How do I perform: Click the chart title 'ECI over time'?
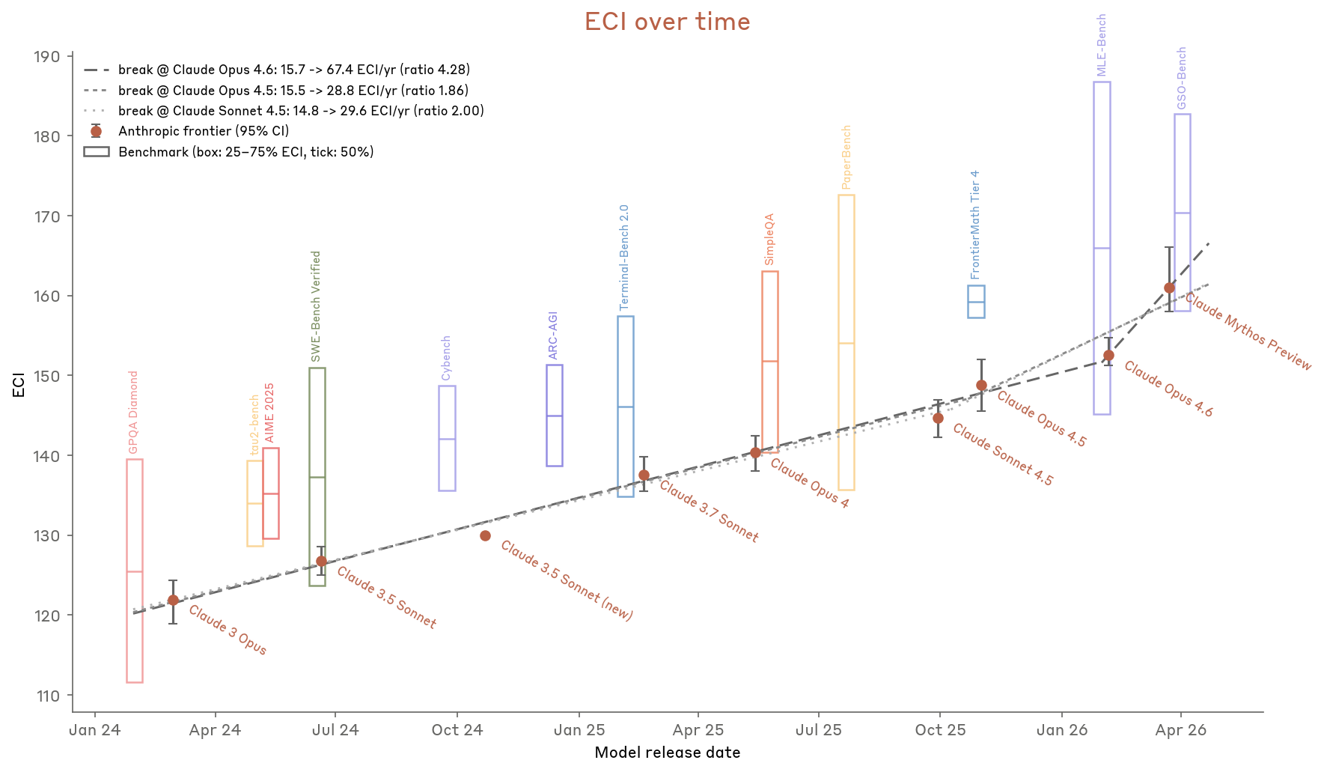click(667, 22)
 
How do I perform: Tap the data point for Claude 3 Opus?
click(173, 600)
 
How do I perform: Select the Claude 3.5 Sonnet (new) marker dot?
click(485, 535)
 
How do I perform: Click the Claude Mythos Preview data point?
click(1169, 288)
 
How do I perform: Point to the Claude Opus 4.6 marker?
click(1108, 355)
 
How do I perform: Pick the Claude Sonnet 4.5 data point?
click(938, 418)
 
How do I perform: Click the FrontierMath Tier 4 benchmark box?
click(976, 301)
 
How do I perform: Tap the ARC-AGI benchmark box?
click(555, 415)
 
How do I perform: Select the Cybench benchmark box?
click(447, 438)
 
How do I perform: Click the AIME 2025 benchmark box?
click(271, 493)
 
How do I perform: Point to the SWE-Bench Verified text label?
click(316, 306)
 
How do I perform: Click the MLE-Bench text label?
click(1101, 45)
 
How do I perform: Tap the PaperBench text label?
click(846, 156)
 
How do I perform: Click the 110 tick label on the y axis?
click(47, 696)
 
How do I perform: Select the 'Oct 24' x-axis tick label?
click(457, 730)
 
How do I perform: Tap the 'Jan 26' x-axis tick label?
click(1061, 730)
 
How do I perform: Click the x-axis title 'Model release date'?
click(667, 753)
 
